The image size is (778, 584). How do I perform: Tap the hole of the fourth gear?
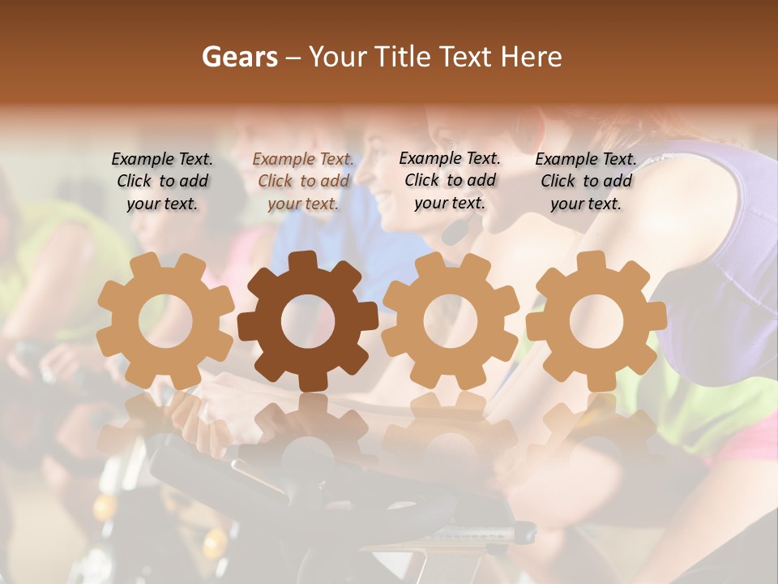point(596,321)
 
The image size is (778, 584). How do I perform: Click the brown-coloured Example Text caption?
point(303,182)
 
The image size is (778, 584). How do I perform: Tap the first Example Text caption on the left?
point(162,182)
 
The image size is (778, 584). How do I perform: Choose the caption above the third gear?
point(450,180)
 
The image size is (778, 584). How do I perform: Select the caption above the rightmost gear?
point(586,182)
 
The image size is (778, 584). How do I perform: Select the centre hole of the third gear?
point(450,321)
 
